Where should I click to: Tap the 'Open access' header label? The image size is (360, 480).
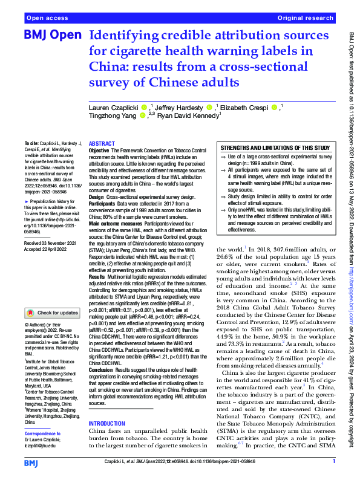(47, 19)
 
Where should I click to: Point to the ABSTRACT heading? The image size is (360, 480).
(102, 144)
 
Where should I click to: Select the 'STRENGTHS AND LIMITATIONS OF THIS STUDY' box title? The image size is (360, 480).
(275, 148)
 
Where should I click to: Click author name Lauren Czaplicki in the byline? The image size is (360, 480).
(115, 108)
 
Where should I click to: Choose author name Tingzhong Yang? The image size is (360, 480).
(113, 117)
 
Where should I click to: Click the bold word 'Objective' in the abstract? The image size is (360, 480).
(100, 150)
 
